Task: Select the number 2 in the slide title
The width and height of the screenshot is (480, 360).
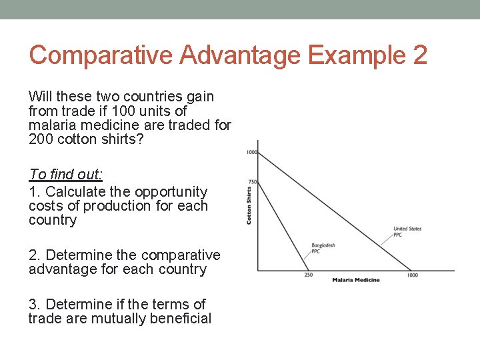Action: pos(419,55)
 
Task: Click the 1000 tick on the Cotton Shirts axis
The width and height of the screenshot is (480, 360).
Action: pos(251,153)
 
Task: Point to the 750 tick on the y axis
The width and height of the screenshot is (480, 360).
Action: pos(252,182)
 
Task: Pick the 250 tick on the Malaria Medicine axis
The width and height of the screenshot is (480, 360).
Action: pos(309,275)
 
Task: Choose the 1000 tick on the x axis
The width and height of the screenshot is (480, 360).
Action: pos(413,275)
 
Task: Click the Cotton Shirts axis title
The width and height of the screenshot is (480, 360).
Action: pos(249,205)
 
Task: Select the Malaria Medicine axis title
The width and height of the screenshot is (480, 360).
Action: pos(356,280)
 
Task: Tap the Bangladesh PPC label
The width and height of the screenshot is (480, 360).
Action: pos(323,248)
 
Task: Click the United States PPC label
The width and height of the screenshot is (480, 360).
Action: pos(407,231)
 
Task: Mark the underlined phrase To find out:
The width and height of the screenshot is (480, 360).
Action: pos(66,175)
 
